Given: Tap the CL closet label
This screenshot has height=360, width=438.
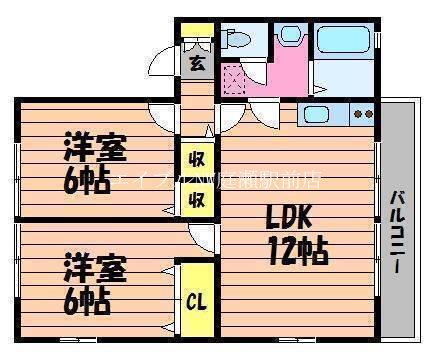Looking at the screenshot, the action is tap(194, 298).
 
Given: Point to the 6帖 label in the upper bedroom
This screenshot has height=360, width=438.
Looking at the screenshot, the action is tap(88, 181).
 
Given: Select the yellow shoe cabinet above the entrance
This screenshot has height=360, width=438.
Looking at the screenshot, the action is tap(194, 29).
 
